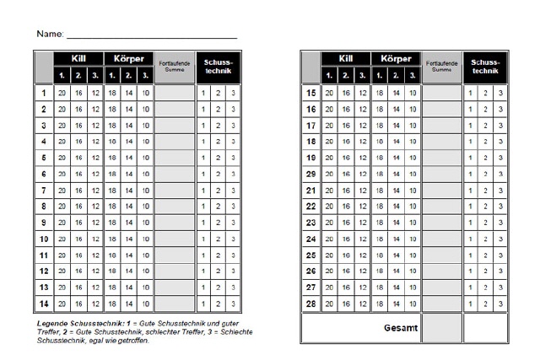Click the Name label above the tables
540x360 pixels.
pyautogui.click(x=50, y=34)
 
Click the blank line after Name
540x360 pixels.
pyautogui.click(x=152, y=35)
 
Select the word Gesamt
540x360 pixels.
pyautogui.click(x=401, y=328)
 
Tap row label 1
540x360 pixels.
pyautogui.click(x=44, y=93)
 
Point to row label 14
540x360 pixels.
pyautogui.click(x=44, y=303)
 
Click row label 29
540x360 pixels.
pyautogui.click(x=310, y=174)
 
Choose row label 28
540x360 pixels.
pyautogui.click(x=310, y=303)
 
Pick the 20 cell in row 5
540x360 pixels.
pyautogui.click(x=62, y=158)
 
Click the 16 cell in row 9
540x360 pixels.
pyautogui.click(x=78, y=223)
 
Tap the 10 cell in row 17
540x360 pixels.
pyautogui.click(x=412, y=126)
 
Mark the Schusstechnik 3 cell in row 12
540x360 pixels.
pyautogui.click(x=234, y=271)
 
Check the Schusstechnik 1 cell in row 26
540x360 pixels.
pyautogui.click(x=470, y=271)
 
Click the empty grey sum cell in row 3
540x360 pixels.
pyautogui.click(x=175, y=126)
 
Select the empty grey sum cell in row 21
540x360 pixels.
pyautogui.click(x=442, y=190)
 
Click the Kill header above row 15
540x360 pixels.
pyautogui.click(x=346, y=59)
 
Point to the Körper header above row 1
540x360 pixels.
pyautogui.click(x=127, y=59)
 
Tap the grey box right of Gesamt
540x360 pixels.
pyautogui.click(x=442, y=328)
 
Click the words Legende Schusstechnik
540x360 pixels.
pyautogui.click(x=76, y=323)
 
